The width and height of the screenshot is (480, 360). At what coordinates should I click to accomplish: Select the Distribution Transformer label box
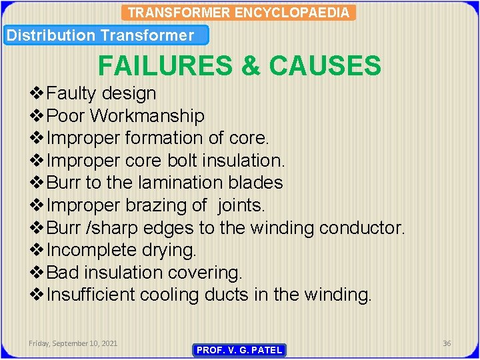coord(106,35)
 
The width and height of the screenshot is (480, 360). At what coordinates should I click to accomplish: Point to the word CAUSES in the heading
coord(325,66)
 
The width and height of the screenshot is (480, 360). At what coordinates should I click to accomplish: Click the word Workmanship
coord(147,116)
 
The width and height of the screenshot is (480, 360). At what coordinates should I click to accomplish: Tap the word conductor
coord(362,228)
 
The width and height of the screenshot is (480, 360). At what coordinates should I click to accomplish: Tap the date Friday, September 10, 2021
coord(73,343)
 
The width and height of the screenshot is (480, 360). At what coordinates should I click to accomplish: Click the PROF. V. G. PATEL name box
coord(239,350)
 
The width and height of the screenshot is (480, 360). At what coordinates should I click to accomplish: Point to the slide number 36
coord(447,343)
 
